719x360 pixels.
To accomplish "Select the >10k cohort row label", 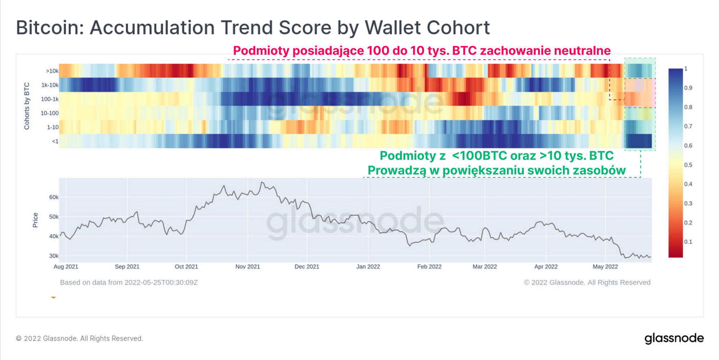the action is coord(52,71).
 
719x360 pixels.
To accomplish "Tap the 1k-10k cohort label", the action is coord(50,85).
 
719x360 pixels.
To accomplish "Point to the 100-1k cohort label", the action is coord(50,99).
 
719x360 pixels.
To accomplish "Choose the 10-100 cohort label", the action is coord(50,113).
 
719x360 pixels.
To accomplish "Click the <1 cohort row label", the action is coord(55,141).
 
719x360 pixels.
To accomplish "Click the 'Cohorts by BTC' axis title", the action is coord(27,106).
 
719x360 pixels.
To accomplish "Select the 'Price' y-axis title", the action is coord(35,220).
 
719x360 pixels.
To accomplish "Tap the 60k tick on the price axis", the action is coord(54,197).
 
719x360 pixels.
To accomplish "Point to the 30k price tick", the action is coord(54,256).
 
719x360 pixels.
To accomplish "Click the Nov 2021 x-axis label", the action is coord(248,267).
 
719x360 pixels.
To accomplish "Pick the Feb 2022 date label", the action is coord(429,267).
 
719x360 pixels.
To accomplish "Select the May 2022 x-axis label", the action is coord(605,267).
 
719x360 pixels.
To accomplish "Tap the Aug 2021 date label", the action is coord(66,267).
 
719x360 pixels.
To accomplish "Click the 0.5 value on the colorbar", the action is coord(688,165).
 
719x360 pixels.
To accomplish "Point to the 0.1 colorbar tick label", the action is coord(688,242).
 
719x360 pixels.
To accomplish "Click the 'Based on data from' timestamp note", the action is coord(129,282).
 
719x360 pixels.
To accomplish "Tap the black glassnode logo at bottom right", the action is coord(674,338).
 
